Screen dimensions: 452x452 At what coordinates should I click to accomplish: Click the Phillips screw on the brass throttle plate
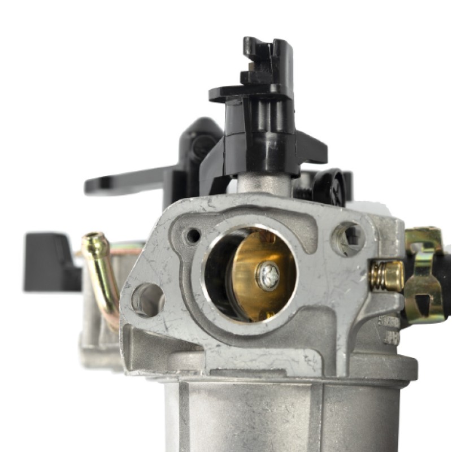[267, 276]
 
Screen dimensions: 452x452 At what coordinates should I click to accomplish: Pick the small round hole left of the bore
[194, 235]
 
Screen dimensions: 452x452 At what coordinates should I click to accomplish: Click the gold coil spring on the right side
[386, 276]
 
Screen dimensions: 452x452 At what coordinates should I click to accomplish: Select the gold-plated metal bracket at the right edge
[424, 271]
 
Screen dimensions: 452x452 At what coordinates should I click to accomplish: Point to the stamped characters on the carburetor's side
[390, 331]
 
